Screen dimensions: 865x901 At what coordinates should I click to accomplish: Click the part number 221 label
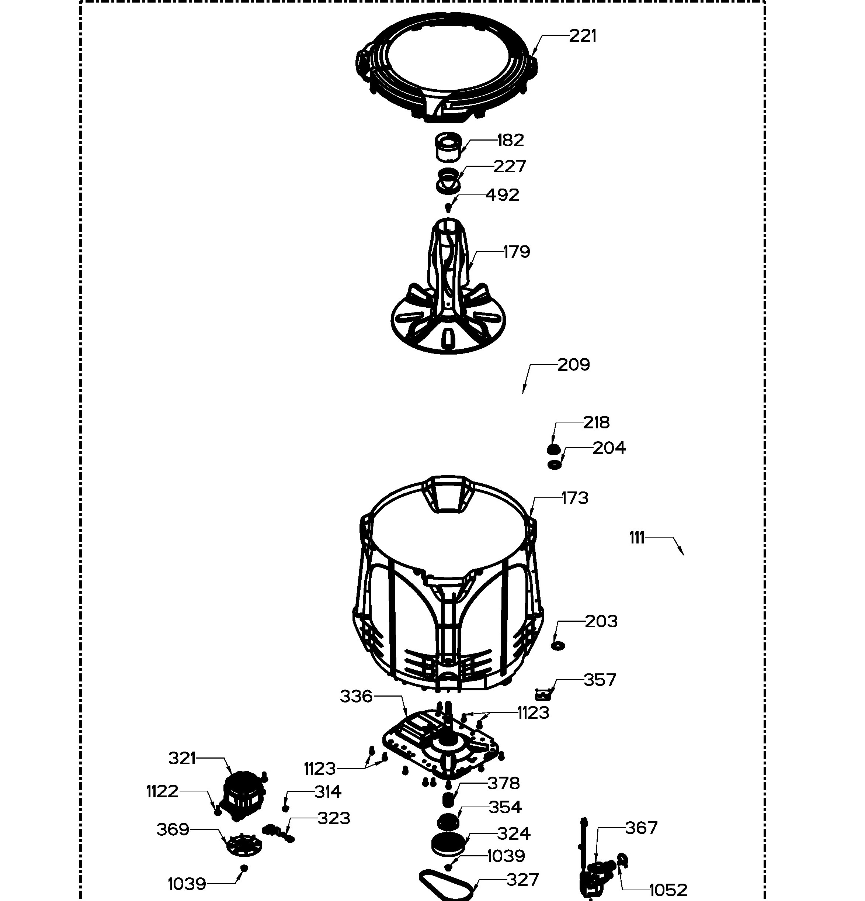(583, 36)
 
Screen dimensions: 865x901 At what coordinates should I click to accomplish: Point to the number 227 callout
(510, 166)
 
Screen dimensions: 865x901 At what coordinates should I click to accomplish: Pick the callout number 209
(574, 365)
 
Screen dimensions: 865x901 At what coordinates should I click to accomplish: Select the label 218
(596, 422)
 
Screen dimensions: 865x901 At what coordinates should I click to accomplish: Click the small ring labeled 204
(555, 465)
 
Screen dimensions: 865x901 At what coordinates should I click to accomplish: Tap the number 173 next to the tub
(575, 498)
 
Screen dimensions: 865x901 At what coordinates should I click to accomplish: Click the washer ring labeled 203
(558, 646)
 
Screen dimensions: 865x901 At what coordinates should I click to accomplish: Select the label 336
(356, 697)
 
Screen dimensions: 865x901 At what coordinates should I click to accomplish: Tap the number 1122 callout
(162, 791)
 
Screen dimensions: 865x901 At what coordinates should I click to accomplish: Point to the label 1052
(668, 890)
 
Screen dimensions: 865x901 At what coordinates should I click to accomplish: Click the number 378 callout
(503, 783)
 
